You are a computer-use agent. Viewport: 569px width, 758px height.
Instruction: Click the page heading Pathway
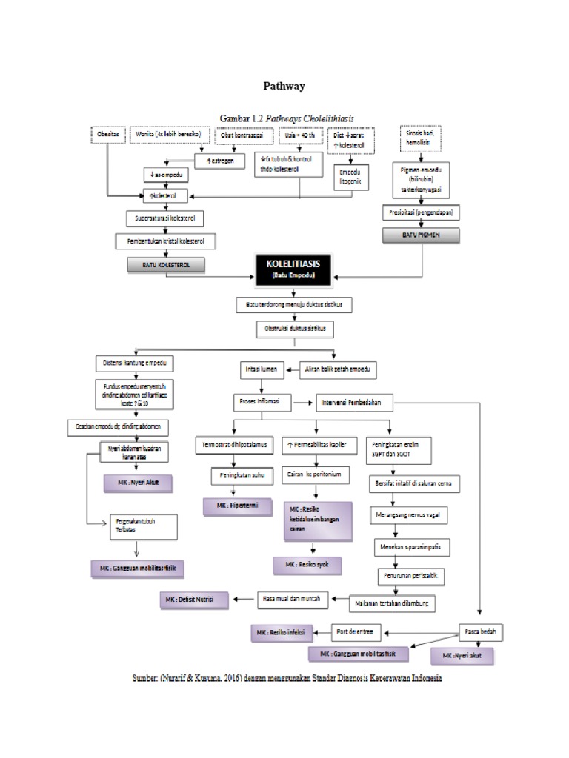click(x=284, y=86)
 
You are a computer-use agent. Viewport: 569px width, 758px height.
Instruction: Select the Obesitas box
click(x=109, y=135)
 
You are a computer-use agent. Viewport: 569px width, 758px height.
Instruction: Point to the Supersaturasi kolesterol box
click(x=164, y=219)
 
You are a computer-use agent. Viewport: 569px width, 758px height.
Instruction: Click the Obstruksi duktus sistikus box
click(x=295, y=326)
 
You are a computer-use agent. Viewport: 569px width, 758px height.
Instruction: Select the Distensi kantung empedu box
click(x=135, y=363)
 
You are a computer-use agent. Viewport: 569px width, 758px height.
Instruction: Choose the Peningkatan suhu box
click(x=237, y=473)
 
